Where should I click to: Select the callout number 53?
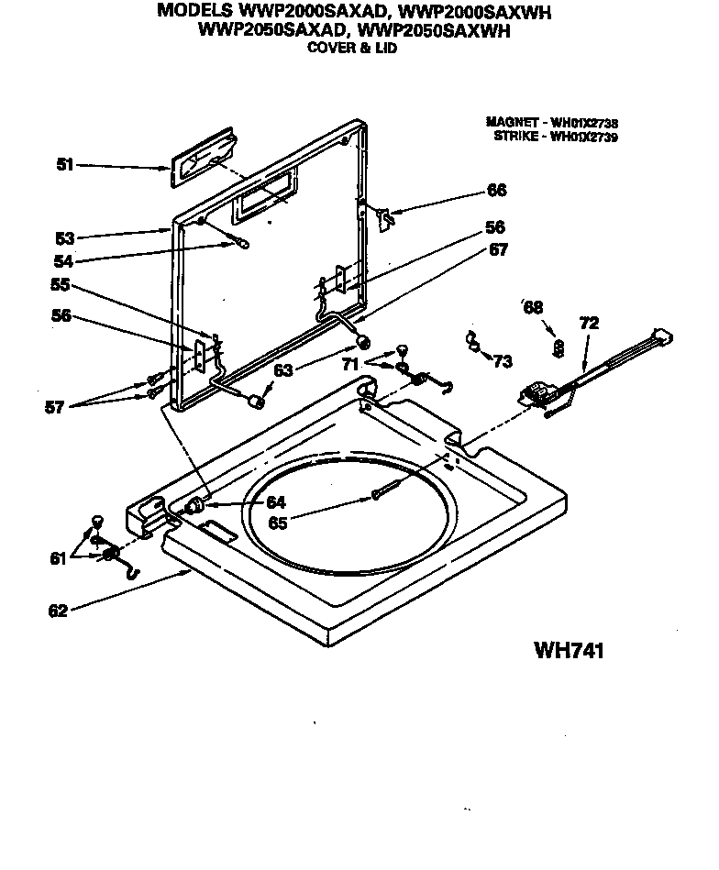(64, 237)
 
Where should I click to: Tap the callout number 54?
(64, 260)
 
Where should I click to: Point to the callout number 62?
(58, 611)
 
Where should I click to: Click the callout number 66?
(496, 191)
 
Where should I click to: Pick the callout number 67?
(496, 249)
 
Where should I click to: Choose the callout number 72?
(589, 323)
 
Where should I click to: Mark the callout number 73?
(502, 362)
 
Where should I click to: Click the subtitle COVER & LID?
(351, 49)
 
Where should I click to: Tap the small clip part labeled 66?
(386, 216)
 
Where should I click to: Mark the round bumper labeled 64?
(194, 507)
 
